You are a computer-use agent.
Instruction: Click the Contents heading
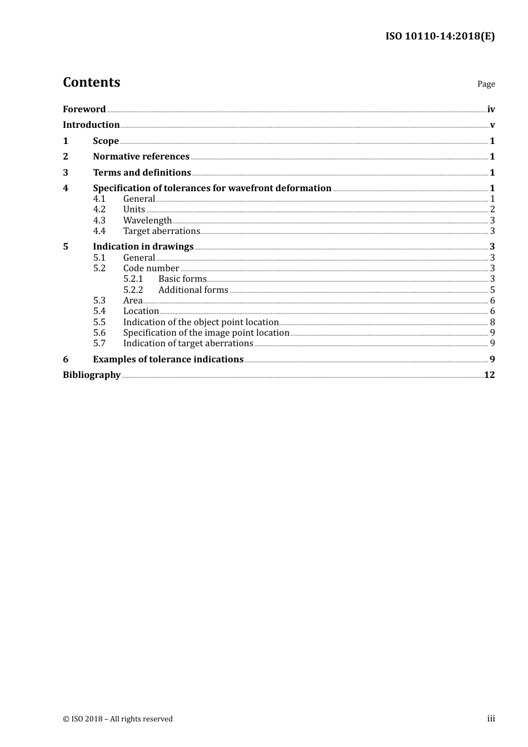tap(91, 82)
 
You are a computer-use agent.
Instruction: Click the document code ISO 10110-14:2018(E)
tap(440, 37)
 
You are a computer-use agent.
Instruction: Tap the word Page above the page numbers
tap(486, 84)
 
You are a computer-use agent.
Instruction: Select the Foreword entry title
tap(84, 109)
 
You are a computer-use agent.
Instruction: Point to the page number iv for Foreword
tap(491, 109)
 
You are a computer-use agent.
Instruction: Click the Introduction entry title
tap(91, 125)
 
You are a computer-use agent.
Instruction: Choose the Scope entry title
tap(106, 141)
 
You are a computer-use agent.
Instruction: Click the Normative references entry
tap(141, 157)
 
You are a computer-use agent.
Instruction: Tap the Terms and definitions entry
tap(142, 173)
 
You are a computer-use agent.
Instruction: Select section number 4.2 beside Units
tap(99, 210)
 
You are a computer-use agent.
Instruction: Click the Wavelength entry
tap(147, 221)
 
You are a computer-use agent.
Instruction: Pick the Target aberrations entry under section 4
tap(161, 231)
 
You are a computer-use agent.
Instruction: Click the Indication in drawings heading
tap(143, 247)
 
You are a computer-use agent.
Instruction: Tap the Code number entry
tap(151, 268)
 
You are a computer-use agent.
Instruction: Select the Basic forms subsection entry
tap(182, 279)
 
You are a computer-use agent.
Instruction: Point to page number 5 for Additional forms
tap(492, 290)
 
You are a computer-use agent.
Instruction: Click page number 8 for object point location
tap(492, 322)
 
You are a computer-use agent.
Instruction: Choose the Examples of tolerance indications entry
tap(168, 360)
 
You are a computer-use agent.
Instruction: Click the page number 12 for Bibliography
tap(489, 375)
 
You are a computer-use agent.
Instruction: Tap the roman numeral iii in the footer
tap(491, 719)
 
